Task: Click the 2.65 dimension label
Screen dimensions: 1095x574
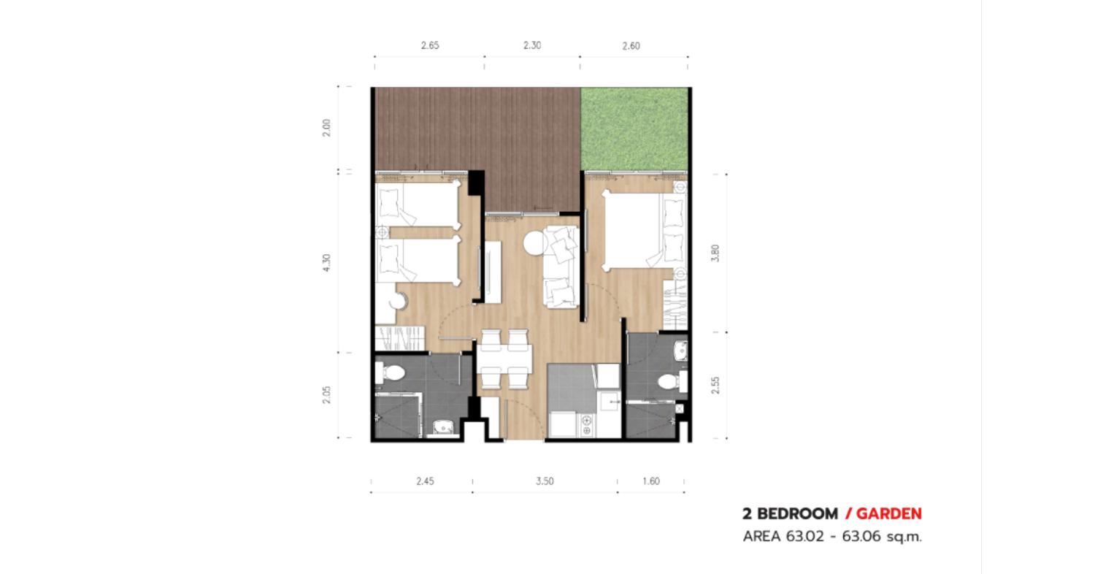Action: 430,45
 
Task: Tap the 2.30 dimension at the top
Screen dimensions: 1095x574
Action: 532,45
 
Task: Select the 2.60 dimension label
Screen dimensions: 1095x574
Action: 631,46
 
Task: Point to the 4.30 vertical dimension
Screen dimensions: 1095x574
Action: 326,263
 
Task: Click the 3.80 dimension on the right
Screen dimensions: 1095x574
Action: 715,253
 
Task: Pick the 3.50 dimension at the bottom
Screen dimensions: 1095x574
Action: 545,481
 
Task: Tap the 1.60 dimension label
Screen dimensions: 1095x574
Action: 650,481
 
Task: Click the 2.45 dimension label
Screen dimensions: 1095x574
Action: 425,481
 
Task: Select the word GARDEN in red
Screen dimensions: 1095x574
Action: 888,514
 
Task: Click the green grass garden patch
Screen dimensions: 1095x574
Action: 634,129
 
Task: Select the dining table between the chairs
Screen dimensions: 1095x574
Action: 504,359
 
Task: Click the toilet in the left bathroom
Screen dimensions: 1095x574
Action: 390,374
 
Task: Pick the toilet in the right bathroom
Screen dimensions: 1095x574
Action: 672,381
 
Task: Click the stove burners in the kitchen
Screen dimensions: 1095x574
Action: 586,425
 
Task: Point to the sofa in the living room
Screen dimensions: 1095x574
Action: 561,267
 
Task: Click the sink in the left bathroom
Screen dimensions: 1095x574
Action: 443,427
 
